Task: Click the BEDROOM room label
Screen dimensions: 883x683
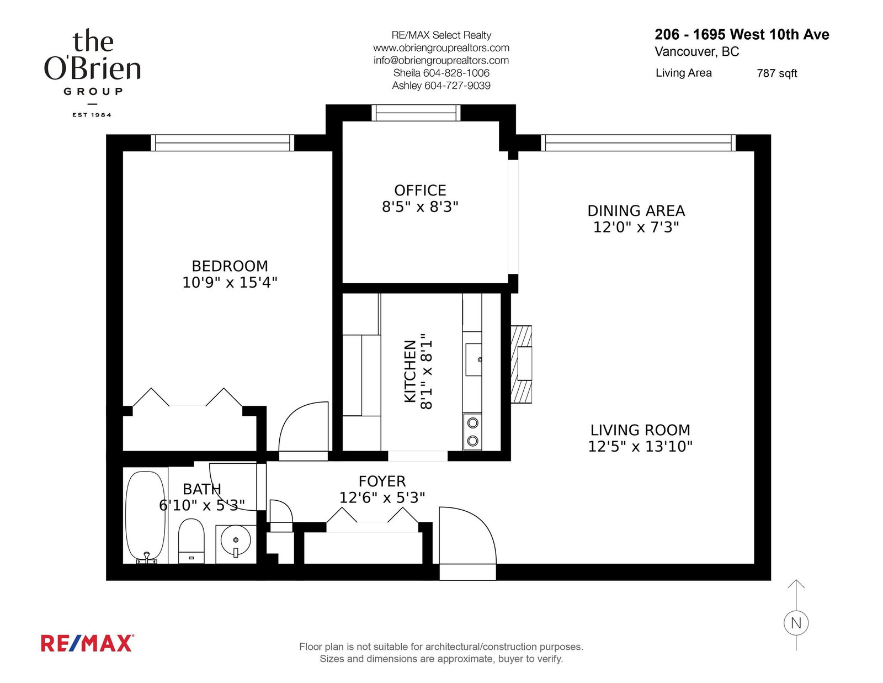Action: tap(230, 266)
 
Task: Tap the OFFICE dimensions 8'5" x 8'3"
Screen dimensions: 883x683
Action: tap(420, 207)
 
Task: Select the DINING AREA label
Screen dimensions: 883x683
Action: tap(636, 210)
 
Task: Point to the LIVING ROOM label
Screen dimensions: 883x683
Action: tap(640, 430)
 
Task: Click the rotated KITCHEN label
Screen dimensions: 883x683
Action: tap(410, 371)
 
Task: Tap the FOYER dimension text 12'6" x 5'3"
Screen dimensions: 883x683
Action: tap(382, 497)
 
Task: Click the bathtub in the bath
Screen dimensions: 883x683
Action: tap(145, 517)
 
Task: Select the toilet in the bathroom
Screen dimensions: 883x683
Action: tap(191, 541)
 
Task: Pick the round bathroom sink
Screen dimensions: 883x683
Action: tap(236, 541)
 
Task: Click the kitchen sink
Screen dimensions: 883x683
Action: tap(474, 359)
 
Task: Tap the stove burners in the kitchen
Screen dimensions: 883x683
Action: tap(472, 432)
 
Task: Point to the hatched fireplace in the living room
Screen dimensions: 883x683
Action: tap(522, 364)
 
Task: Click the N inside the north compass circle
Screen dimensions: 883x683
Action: tap(796, 623)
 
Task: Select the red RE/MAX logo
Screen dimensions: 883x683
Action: tap(87, 643)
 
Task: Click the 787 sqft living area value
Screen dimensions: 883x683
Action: tap(776, 73)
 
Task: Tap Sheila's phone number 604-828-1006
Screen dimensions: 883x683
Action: tap(456, 73)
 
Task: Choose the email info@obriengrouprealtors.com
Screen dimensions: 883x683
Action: tap(441, 60)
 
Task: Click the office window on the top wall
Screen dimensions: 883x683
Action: tap(416, 113)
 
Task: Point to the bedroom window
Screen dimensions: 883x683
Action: tap(222, 142)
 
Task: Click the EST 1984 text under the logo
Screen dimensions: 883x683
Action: tap(92, 115)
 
